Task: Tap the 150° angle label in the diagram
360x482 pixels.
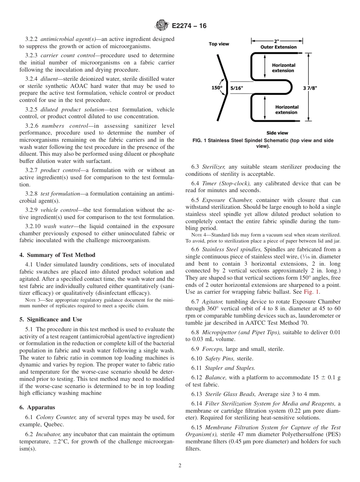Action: point(216,88)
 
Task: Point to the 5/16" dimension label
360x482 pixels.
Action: point(237,88)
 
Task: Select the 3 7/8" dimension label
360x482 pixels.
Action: point(310,88)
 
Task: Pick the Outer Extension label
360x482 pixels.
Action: point(279,47)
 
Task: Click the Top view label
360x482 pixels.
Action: point(219,44)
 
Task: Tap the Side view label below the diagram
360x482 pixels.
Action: point(277,133)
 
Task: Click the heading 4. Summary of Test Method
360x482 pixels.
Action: point(57,255)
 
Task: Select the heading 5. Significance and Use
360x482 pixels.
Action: point(51,319)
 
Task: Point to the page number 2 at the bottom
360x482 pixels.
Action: point(180,466)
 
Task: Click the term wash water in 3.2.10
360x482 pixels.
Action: point(55,226)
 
